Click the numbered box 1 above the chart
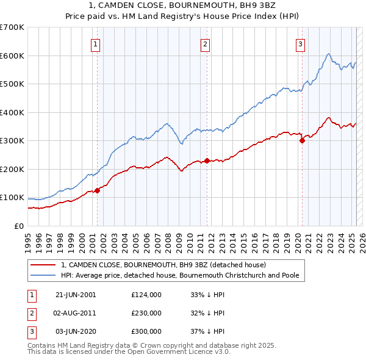pos(96,44)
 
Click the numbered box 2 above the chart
pos(206,44)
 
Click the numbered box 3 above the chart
pos(301,44)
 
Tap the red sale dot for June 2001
pos(97,191)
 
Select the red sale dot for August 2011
pos(207,161)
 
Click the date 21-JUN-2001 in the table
pos(76,295)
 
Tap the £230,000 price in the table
pos(146,313)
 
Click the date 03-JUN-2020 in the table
pos(76,331)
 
